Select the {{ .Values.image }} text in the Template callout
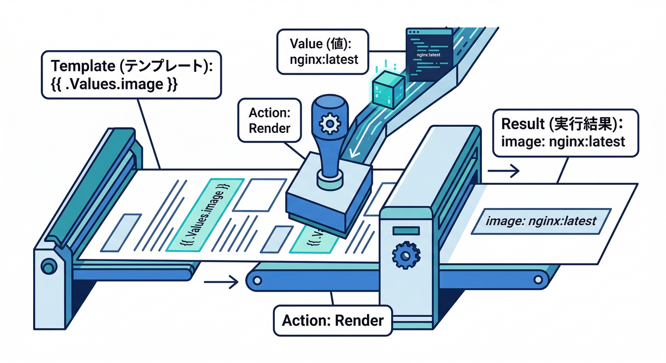pos(114,85)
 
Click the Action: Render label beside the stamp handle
pos(270,121)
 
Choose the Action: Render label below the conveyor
pos(333,320)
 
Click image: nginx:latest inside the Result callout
pos(563,141)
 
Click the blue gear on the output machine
pos(405,256)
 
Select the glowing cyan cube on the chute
pos(388,90)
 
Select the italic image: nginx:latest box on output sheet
pos(541,221)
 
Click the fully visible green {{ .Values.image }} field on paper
pos(206,214)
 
